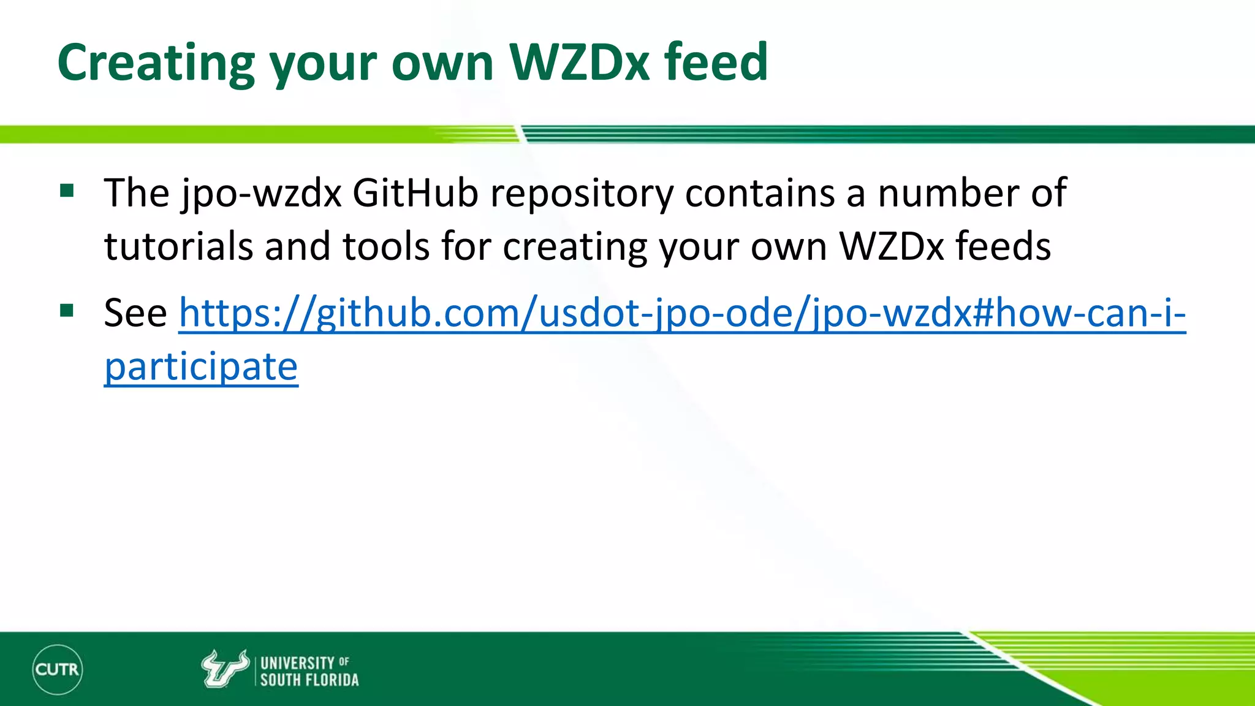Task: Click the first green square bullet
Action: point(67,191)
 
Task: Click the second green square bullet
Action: point(67,311)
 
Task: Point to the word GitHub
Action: point(415,194)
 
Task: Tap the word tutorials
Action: point(178,246)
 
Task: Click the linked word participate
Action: point(201,367)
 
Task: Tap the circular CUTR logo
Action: point(57,669)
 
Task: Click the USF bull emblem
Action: point(224,669)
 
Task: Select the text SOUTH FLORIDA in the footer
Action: point(309,680)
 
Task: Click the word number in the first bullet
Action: point(949,194)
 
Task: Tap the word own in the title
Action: point(442,63)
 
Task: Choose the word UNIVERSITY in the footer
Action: point(297,663)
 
